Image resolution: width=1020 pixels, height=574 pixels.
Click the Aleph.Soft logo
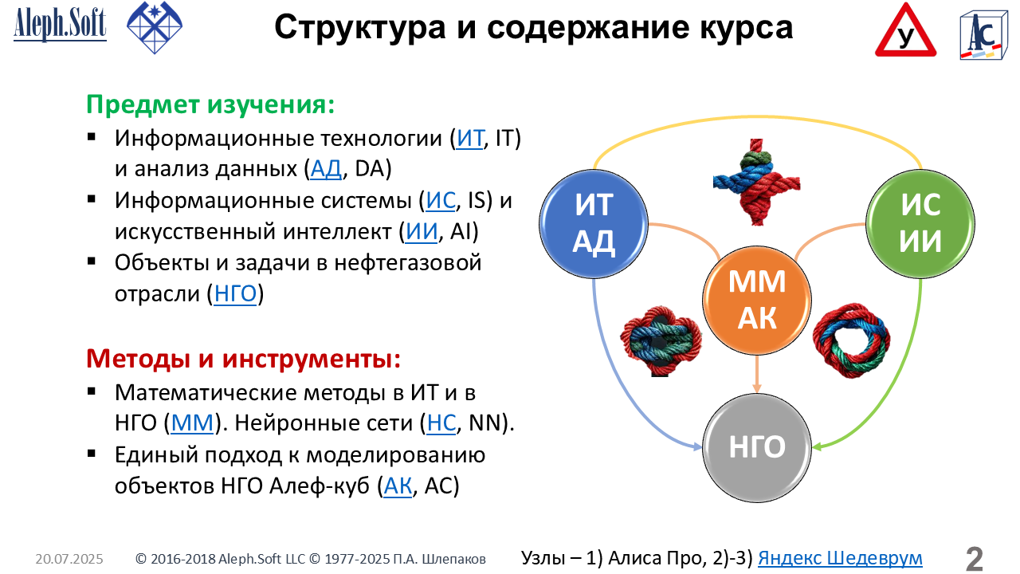[60, 24]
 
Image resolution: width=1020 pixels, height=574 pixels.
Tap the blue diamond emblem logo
[155, 27]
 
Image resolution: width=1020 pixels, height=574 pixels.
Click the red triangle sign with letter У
[905, 31]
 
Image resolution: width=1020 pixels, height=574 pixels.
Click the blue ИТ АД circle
[594, 224]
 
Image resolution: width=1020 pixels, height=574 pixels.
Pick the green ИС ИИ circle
[920, 224]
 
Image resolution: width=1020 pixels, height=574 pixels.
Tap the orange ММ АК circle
[757, 301]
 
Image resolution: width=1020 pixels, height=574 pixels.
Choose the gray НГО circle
[757, 448]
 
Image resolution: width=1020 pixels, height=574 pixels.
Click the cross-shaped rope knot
[757, 183]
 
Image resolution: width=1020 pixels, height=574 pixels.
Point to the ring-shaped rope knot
[852, 340]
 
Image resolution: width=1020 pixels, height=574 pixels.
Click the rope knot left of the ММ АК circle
[661, 340]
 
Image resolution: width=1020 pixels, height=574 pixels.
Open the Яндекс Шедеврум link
[840, 558]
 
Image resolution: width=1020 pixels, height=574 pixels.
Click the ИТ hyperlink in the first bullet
[469, 138]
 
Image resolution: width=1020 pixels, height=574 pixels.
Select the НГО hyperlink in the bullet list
[235, 293]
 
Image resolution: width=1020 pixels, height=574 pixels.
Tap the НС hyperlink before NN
[441, 423]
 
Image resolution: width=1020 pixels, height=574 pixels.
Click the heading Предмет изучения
[210, 104]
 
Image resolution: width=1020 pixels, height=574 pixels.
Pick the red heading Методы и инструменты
[244, 359]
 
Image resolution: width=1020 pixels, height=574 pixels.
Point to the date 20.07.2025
[69, 559]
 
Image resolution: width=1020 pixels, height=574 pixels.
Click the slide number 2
[974, 559]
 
